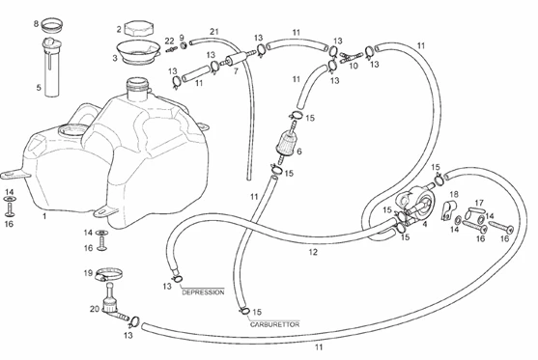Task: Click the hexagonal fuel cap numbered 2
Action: tap(139, 28)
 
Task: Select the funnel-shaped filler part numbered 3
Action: tap(138, 52)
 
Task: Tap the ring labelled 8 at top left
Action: tap(52, 25)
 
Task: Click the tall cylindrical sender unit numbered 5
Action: tap(52, 67)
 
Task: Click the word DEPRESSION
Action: tap(203, 292)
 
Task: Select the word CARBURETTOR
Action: tap(274, 324)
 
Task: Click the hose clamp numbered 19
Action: tap(109, 274)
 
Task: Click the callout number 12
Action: tap(313, 252)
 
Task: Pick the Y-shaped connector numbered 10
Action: tap(351, 57)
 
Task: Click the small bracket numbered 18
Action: tap(448, 209)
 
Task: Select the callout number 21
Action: tap(214, 32)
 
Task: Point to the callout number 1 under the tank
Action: tap(44, 216)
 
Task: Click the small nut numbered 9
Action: tap(184, 45)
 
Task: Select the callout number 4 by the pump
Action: tap(425, 225)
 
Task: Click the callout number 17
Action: tap(479, 203)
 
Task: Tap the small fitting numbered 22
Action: tap(171, 50)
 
